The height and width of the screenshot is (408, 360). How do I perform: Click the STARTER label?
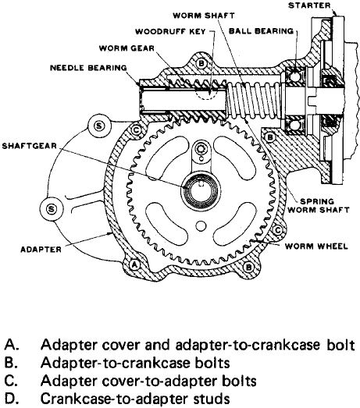pos(309,5)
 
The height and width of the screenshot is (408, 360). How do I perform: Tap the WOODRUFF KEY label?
pos(170,32)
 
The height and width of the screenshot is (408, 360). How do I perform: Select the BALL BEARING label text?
pos(261,31)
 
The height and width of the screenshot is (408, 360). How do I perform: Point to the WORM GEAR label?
pos(127,48)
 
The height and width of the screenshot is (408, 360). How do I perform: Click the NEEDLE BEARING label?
pos(88,68)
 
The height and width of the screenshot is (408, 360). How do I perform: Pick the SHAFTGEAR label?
pos(30,146)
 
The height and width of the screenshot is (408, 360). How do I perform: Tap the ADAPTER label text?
pos(41,250)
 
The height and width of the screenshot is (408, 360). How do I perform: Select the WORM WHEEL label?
pos(316,247)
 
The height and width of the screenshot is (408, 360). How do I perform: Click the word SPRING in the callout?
pos(317,201)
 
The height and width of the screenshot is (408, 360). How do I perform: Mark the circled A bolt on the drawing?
pos(134,265)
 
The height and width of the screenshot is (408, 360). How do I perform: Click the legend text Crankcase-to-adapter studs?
pos(135,399)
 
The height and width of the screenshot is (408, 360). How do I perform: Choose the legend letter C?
pos(11,381)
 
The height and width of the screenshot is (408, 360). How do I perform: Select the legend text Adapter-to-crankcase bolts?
pos(135,363)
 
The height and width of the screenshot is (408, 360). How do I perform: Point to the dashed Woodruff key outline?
pos(206,94)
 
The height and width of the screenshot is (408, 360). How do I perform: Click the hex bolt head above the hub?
pos(201,148)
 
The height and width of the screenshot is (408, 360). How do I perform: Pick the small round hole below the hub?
pos(201,225)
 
